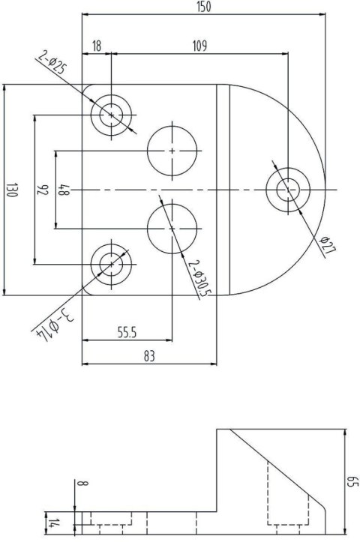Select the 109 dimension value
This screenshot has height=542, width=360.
199,46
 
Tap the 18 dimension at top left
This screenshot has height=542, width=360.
96,46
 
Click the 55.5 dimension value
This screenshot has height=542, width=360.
130,331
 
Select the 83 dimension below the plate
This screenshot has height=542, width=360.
149,357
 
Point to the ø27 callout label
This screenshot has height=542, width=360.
325,245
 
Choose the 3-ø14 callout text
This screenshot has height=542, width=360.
58,323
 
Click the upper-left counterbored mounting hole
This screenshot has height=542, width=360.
112,115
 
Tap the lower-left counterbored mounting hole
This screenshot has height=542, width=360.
112,263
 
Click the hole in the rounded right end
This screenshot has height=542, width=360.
287,190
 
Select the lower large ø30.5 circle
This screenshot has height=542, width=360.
172,228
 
